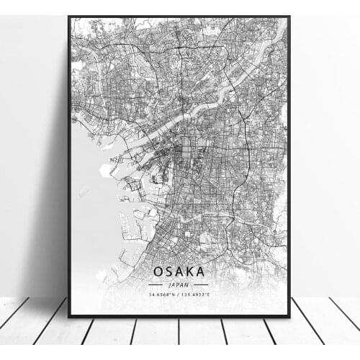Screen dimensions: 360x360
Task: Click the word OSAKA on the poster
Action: coord(178,271)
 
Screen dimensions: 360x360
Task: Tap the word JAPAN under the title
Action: coord(178,284)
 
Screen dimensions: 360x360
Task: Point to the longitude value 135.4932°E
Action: coord(196,294)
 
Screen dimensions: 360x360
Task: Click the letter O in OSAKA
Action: coord(158,271)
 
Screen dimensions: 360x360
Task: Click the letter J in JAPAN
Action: coord(170,284)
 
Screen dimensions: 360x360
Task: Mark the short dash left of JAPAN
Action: coord(155,284)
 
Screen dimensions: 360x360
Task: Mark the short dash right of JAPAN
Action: coord(201,284)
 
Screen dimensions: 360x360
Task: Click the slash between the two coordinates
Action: coord(179,294)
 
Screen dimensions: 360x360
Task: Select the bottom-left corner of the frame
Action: coord(69,316)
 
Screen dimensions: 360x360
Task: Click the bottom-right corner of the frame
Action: coord(289,316)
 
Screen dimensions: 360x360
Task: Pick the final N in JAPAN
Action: coord(186,284)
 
